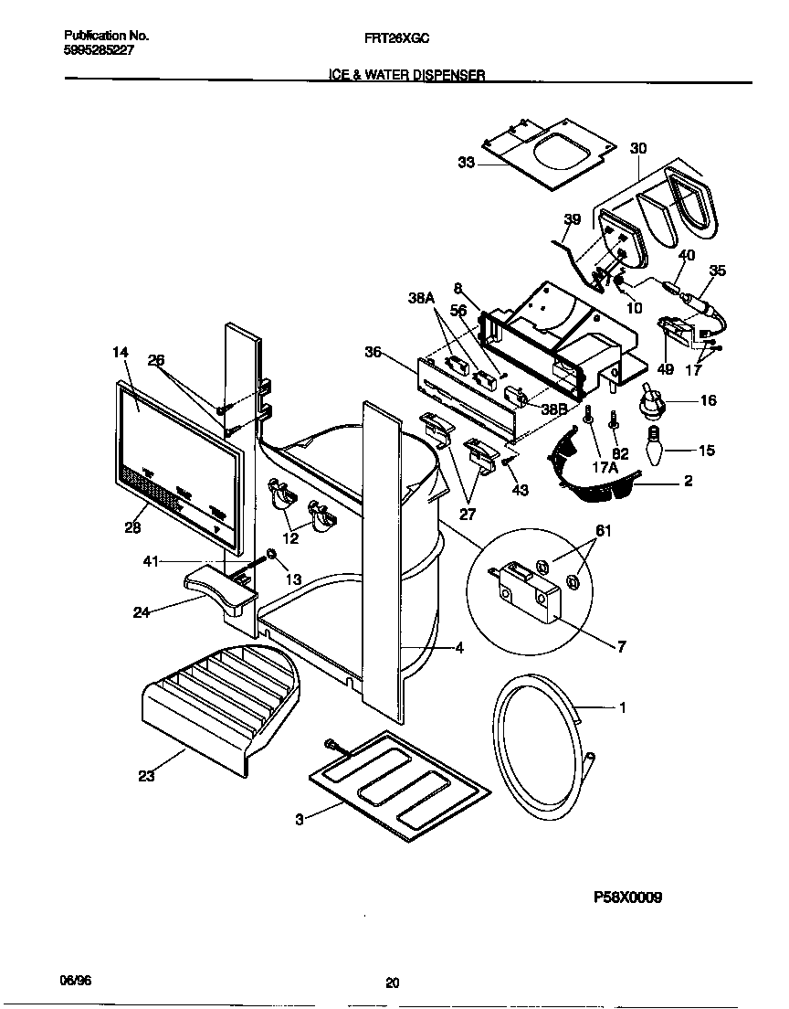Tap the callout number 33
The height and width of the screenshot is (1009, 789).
pyautogui.click(x=466, y=163)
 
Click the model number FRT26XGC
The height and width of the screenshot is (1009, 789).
pyautogui.click(x=392, y=37)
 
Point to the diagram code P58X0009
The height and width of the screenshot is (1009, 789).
pyautogui.click(x=627, y=897)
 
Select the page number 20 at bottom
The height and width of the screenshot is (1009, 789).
pyautogui.click(x=392, y=983)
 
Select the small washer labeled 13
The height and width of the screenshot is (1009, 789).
pyautogui.click(x=271, y=554)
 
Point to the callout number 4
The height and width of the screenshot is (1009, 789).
pyautogui.click(x=459, y=649)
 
